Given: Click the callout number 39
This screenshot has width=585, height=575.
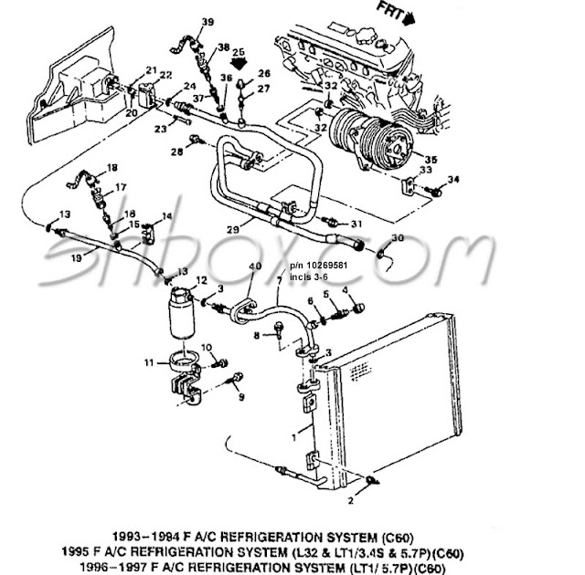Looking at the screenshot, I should tap(207, 21).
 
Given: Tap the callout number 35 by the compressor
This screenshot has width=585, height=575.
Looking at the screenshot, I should tap(431, 159).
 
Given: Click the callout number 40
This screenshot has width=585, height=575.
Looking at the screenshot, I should tap(254, 266).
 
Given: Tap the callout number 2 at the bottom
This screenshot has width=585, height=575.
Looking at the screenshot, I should tap(348, 501).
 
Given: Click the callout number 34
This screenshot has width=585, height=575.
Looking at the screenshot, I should tap(455, 179).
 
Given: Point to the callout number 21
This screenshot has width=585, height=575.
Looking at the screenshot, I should tap(151, 71).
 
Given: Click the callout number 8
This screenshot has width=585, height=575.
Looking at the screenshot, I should tap(257, 336).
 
